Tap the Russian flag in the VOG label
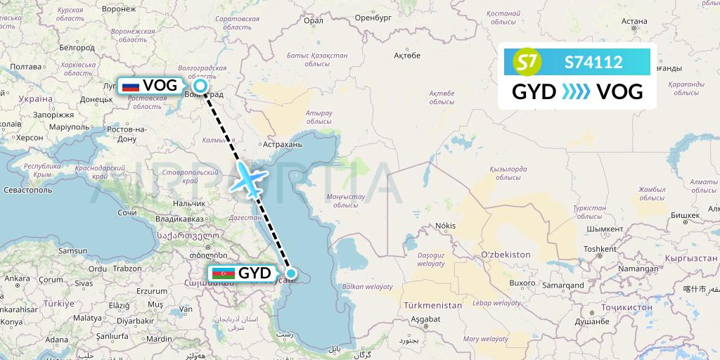(x=130, y=86)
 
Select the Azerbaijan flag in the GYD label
(x=224, y=273)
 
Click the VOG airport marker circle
(x=200, y=86)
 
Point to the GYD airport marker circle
(x=290, y=274)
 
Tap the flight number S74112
(x=593, y=63)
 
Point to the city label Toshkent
(x=599, y=248)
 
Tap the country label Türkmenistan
(x=432, y=305)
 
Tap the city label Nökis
(x=446, y=226)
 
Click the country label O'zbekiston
(x=506, y=253)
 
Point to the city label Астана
(x=634, y=21)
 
